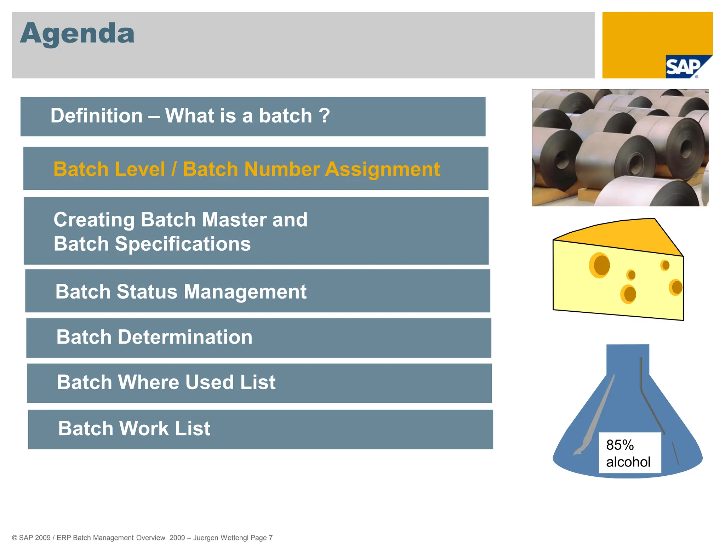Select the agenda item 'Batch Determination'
pos(154,337)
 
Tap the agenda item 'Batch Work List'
pos(134,428)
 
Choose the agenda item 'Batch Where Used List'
pos(166,382)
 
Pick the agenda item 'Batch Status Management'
pos(181,291)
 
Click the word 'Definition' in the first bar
pos(96,116)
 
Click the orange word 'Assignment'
pos(382,169)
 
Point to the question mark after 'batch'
pos(324,116)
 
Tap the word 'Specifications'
pos(183,244)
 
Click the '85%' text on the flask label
pos(620,445)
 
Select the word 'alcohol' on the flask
pos(628,462)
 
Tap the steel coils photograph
pos(620,147)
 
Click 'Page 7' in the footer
pos(261,538)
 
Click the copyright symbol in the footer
pos(15,538)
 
